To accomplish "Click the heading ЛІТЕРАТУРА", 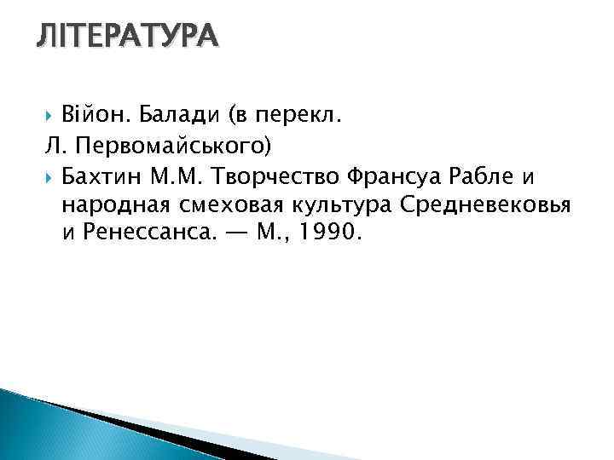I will (127, 36).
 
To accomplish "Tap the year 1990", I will (332, 233).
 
